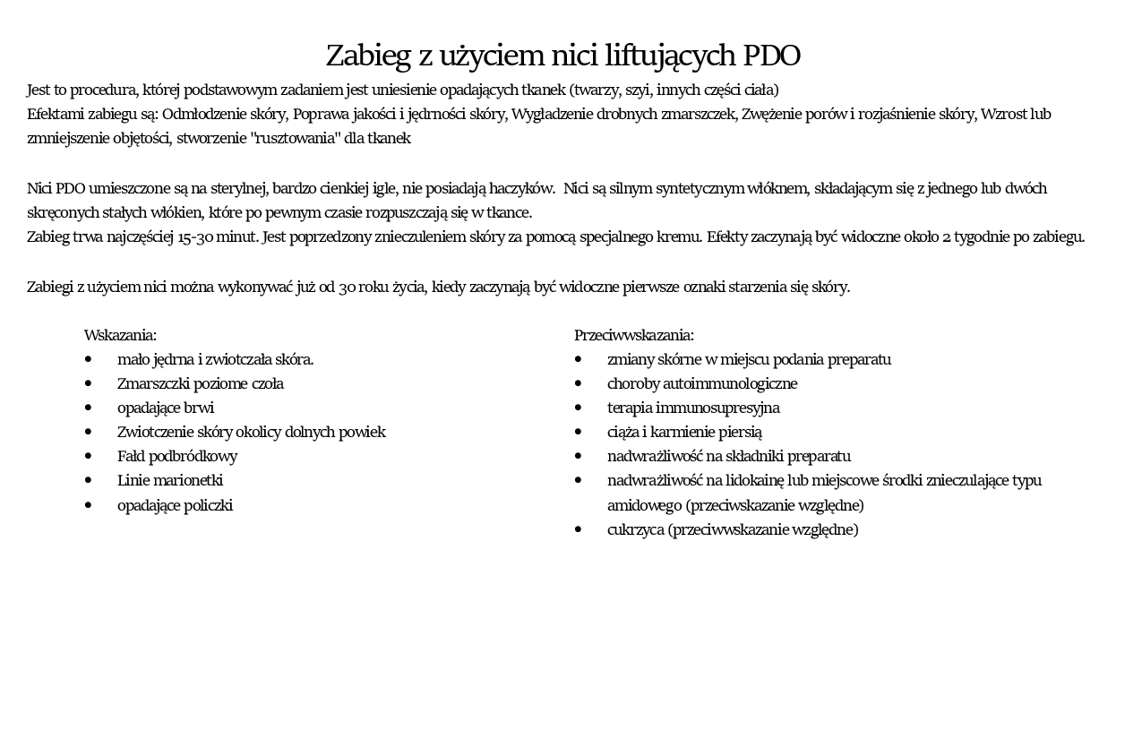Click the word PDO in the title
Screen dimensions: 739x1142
pyautogui.click(x=771, y=56)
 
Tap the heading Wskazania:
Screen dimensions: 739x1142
pyautogui.click(x=120, y=335)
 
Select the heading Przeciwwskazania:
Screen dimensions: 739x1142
pyautogui.click(x=633, y=335)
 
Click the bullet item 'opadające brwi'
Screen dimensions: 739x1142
pyautogui.click(x=165, y=408)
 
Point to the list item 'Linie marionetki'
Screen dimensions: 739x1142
pyautogui.click(x=169, y=480)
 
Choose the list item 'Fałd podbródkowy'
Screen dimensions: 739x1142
pyautogui.click(x=176, y=456)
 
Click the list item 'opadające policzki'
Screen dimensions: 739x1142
pyautogui.click(x=175, y=505)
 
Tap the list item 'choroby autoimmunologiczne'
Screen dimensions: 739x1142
pyautogui.click(x=701, y=383)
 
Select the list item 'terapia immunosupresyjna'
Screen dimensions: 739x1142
pyautogui.click(x=692, y=408)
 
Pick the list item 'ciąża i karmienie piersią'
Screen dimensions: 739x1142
pyautogui.click(x=683, y=432)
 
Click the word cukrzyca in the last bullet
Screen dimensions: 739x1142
pyautogui.click(x=635, y=529)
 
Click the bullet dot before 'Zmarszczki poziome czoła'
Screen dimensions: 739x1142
pyautogui.click(x=89, y=383)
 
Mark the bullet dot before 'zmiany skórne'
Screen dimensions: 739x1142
pyautogui.click(x=579, y=359)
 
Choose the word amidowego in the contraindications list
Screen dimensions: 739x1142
pyautogui.click(x=644, y=505)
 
